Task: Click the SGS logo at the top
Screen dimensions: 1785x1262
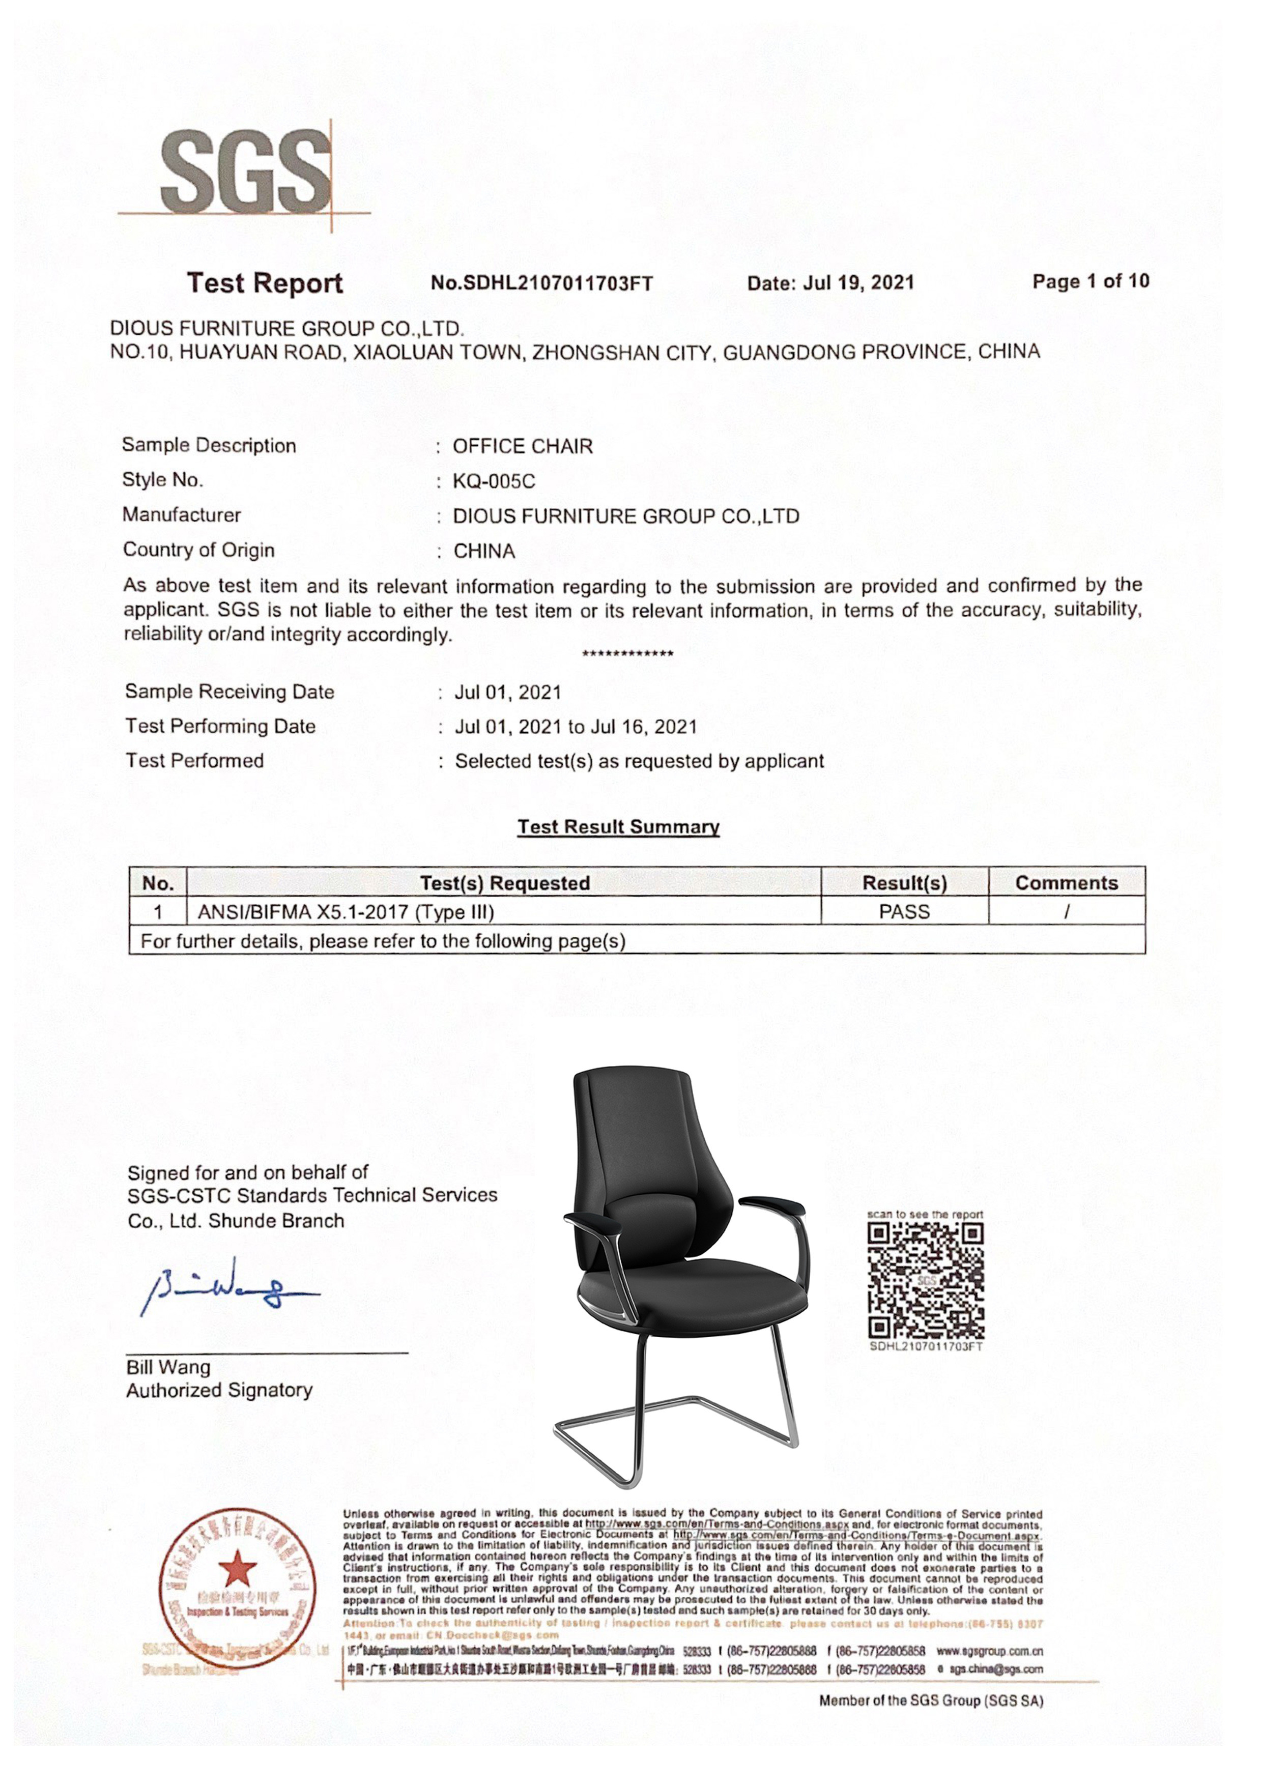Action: point(245,172)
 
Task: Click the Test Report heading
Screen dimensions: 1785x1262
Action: point(265,283)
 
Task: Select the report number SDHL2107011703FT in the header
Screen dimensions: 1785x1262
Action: point(542,283)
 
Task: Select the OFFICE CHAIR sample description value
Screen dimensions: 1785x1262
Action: point(523,446)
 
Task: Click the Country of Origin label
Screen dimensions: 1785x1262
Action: point(198,551)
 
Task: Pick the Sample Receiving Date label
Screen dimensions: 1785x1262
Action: point(230,692)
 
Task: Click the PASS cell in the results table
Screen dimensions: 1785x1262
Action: point(904,911)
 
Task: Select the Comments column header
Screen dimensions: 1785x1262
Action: point(1066,883)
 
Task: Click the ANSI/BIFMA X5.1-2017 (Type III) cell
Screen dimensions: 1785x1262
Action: point(346,912)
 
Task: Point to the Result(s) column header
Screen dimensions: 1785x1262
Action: point(904,883)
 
